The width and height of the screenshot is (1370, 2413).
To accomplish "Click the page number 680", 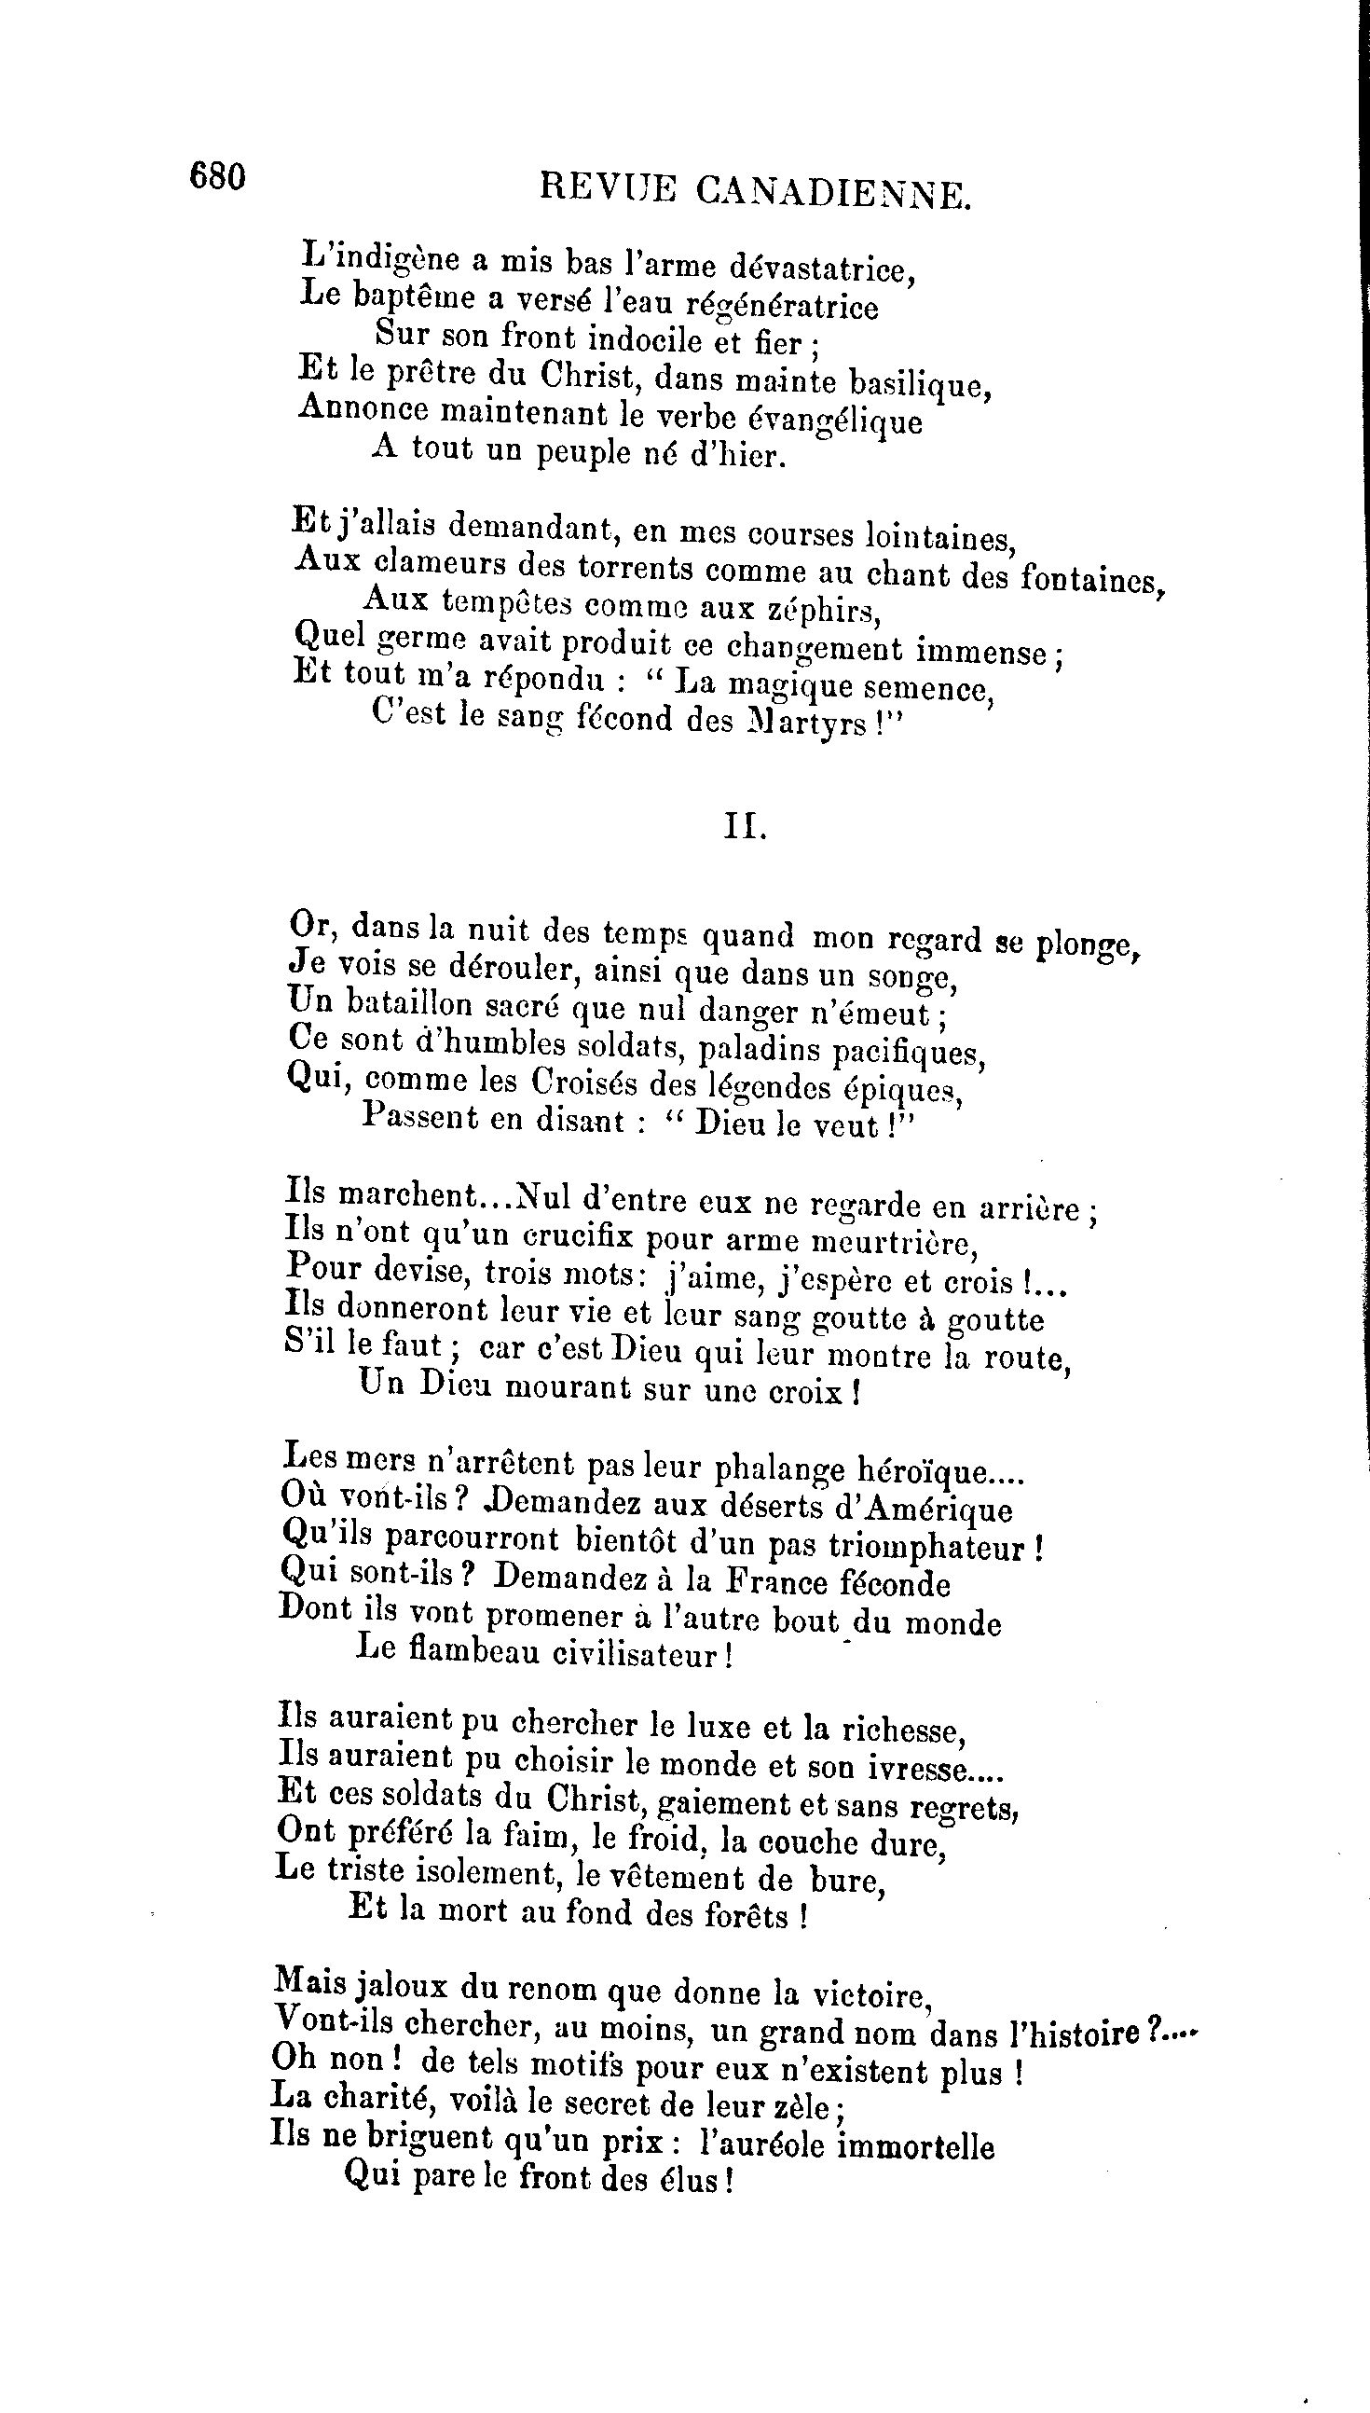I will tap(217, 177).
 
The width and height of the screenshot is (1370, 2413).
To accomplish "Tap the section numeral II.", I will tap(746, 826).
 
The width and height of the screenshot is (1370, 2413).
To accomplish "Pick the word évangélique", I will tap(841, 420).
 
